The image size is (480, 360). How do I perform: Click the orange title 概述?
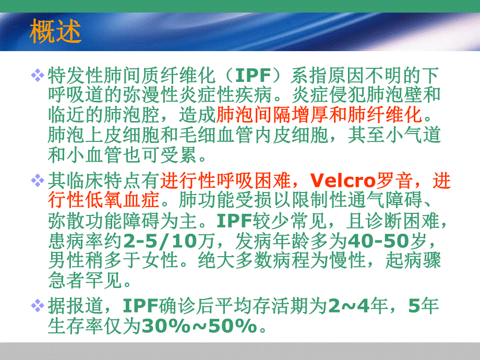(x=56, y=31)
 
